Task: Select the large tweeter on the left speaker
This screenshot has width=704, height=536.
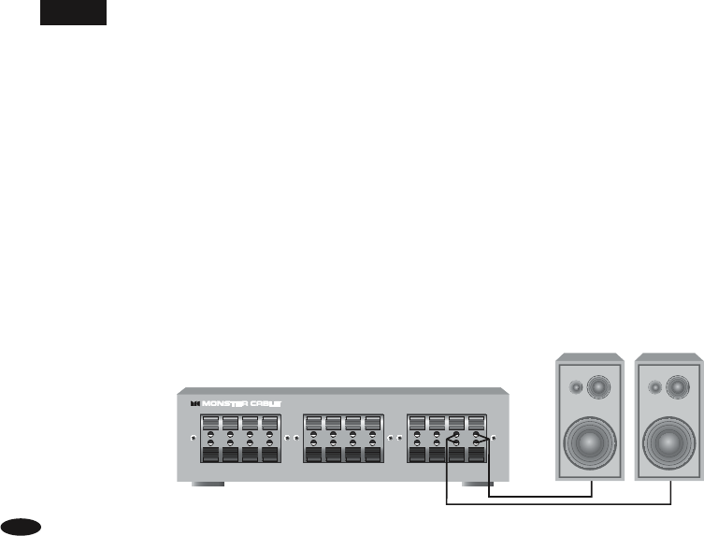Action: (596, 384)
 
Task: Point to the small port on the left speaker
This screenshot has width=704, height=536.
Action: (576, 385)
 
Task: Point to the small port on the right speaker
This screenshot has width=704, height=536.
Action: (654, 385)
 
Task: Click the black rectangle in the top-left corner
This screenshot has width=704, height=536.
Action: (73, 12)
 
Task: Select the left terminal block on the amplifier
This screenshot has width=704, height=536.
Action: (239, 438)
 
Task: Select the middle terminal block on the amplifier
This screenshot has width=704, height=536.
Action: (342, 438)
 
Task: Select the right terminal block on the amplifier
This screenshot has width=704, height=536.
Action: (445, 438)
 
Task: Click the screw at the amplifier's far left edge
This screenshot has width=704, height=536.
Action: (194, 438)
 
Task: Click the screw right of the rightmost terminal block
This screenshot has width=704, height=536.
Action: (493, 438)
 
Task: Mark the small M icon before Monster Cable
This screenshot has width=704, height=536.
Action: (194, 404)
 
